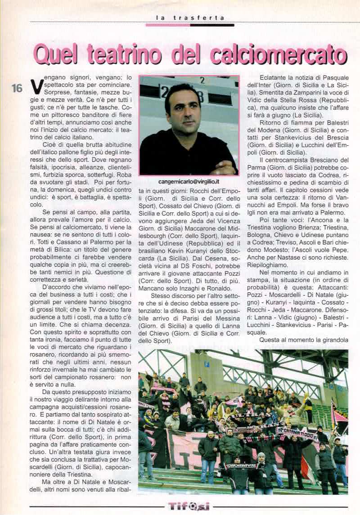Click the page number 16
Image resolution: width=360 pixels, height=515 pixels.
[x=17, y=88]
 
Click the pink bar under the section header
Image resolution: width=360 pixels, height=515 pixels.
[x=167, y=25]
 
